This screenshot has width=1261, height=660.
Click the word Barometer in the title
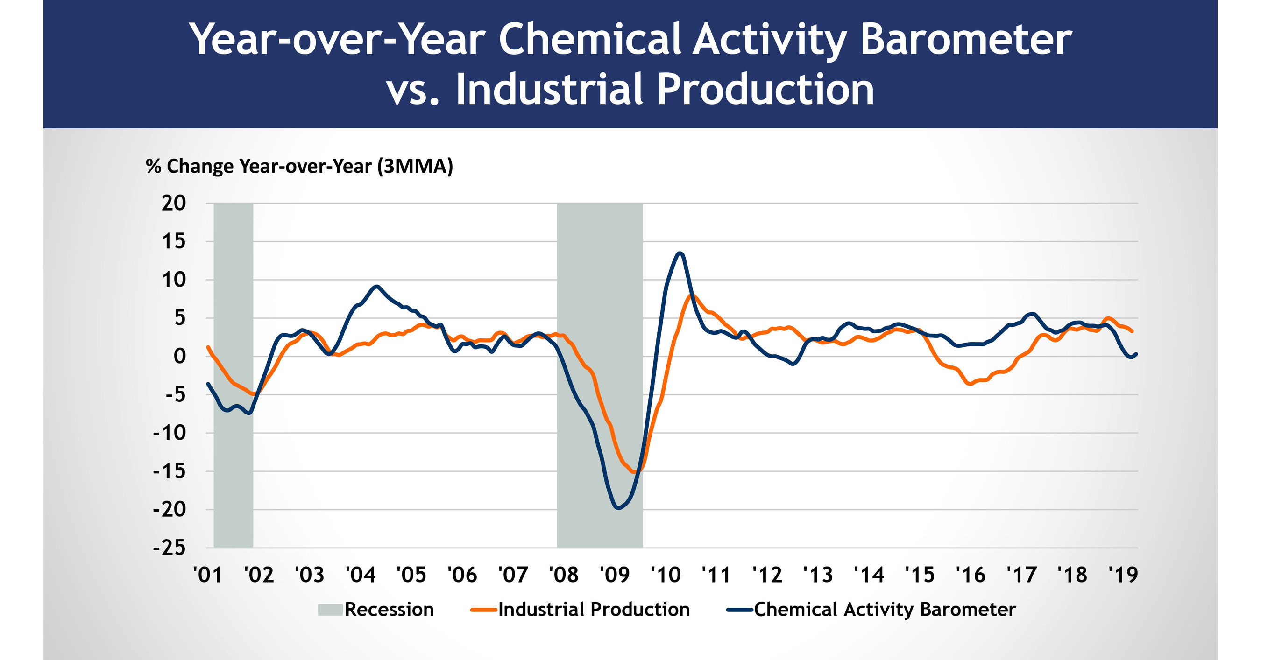pos(965,40)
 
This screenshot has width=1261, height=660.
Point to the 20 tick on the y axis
pos(174,203)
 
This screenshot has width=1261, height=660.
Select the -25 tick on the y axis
pos(170,548)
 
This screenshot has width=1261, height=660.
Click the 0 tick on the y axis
pos(180,356)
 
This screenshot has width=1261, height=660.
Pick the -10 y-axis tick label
pos(170,433)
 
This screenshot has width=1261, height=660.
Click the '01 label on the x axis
pos(207,575)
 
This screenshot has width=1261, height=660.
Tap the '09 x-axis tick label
pos(614,575)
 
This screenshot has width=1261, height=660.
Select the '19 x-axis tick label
pos(1123,575)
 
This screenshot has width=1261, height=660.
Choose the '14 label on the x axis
pos(869,575)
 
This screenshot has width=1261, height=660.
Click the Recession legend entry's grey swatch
pos(330,610)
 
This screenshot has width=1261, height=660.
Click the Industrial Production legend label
pos(594,610)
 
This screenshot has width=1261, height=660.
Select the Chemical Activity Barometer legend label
pos(885,610)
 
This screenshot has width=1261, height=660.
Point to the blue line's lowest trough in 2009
pos(618,508)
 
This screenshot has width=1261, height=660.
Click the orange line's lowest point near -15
pos(635,472)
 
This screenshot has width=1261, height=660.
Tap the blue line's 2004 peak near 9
pos(376,286)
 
